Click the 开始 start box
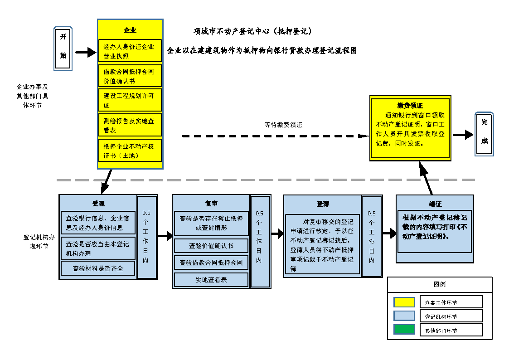point(63,49)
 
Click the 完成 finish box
point(484,134)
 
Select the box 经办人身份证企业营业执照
point(130,51)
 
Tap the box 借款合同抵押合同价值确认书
point(130,76)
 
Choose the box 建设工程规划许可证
point(130,100)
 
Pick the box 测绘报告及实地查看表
point(130,125)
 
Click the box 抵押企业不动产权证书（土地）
point(130,151)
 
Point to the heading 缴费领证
point(410,105)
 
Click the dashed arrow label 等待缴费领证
point(283,125)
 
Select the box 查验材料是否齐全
point(98,268)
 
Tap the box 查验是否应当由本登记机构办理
point(98,248)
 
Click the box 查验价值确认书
point(211,246)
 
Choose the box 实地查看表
point(211,280)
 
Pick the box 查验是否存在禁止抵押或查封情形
point(211,223)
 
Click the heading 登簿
point(322,204)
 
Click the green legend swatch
point(404,330)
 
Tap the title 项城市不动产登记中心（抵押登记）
point(252,32)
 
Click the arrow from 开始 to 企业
point(86,53)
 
